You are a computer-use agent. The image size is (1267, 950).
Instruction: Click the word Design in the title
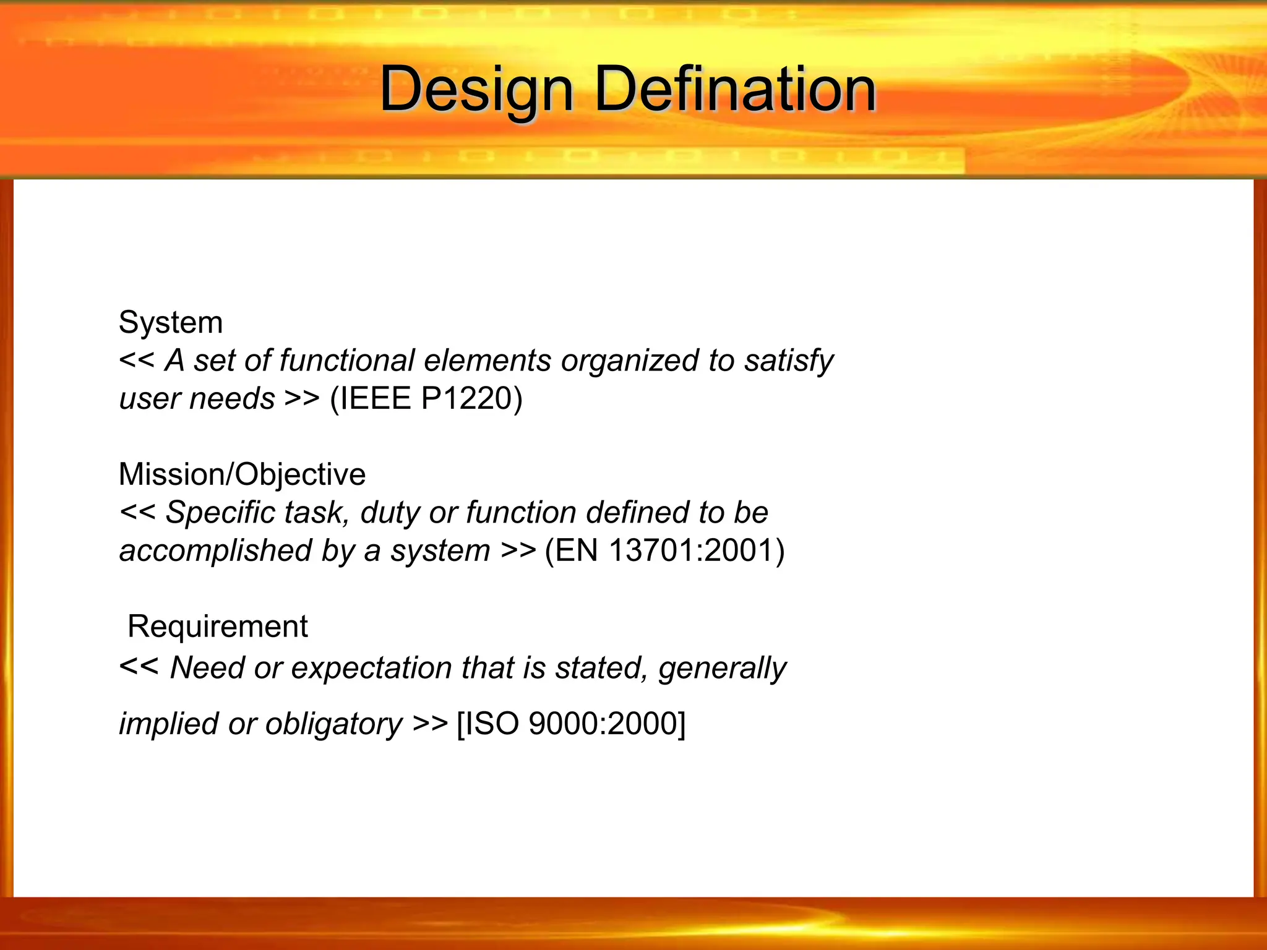[x=476, y=90]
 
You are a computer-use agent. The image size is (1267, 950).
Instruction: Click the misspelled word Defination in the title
[x=735, y=90]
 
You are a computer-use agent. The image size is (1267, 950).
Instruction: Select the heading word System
[x=171, y=322]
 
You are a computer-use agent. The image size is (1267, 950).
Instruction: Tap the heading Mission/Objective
[x=242, y=474]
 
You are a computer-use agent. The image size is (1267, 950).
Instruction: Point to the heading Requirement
[x=217, y=627]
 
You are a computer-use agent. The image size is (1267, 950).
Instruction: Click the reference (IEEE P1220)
[x=426, y=398]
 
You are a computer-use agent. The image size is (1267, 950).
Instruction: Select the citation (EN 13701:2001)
[x=664, y=550]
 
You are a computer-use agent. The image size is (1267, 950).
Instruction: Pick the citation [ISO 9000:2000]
[x=571, y=724]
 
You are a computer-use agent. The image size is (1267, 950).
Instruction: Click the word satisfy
[x=788, y=361]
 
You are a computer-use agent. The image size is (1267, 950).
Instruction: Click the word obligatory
[x=334, y=724]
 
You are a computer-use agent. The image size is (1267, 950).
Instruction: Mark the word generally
[x=722, y=669]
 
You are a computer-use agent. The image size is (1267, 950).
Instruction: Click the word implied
[x=168, y=724]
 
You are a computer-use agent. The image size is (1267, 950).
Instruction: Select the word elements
[x=487, y=361]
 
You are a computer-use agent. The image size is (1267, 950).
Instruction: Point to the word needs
[x=232, y=399]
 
